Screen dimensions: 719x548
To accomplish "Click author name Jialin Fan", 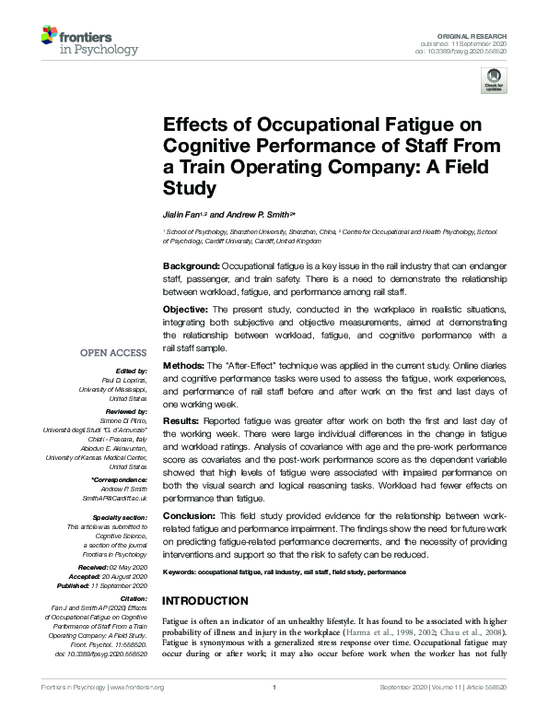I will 183,214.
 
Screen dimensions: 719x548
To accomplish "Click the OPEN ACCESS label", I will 113,353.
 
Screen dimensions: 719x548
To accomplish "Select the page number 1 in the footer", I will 274,688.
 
